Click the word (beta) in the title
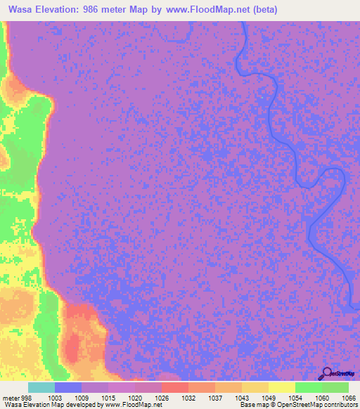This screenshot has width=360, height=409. tap(266, 10)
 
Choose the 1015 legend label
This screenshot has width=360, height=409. tap(108, 397)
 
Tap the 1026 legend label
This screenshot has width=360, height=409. tap(162, 397)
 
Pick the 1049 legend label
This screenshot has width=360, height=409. tap(269, 397)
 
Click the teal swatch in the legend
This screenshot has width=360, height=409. tap(41, 387)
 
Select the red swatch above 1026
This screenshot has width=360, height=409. tap(174, 387)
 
